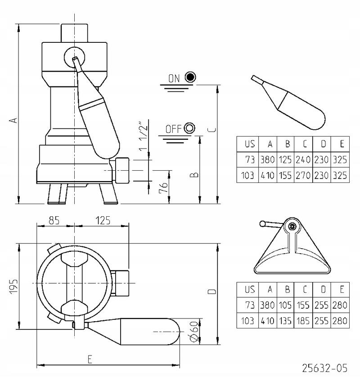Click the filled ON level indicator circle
190,77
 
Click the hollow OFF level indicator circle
189,128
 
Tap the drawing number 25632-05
325,368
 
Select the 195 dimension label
14,286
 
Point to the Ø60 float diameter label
194,332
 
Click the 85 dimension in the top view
54,220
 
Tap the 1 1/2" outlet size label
143,137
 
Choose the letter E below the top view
90,360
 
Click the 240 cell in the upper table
303,159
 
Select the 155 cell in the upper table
285,175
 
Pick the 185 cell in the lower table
303,321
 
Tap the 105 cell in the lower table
285,305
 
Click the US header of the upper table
250,144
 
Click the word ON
174,79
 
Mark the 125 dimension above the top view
103,220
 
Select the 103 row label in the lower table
247,321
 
